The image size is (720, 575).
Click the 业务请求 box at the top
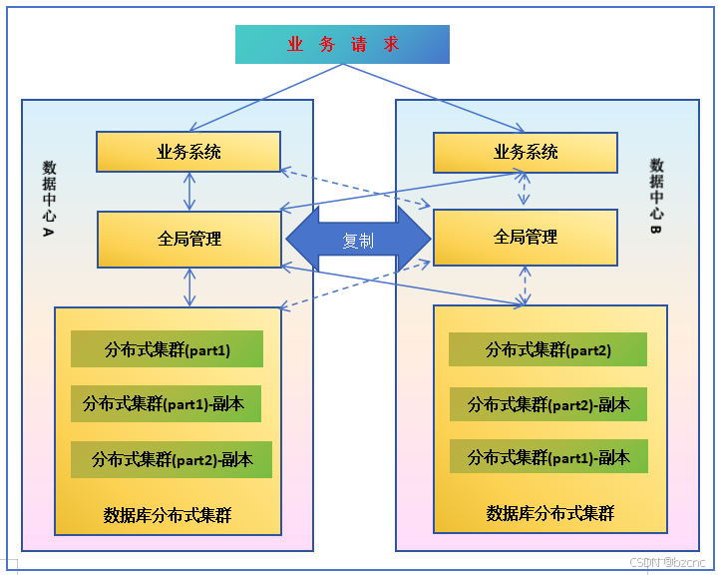coord(342,45)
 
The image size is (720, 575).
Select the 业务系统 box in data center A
coord(188,152)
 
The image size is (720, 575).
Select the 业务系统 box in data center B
coord(526,152)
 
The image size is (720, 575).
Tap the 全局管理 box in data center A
coord(188,240)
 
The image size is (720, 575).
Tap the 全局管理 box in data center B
coord(526,238)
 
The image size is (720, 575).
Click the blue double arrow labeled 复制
coord(358,241)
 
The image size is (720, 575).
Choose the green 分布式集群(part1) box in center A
coord(167,349)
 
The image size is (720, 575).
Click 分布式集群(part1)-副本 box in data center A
coord(166,404)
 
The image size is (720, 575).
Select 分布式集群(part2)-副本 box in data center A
coord(172,459)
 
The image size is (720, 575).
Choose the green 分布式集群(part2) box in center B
coord(547,349)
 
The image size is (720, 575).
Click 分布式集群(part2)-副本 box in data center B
coord(547,404)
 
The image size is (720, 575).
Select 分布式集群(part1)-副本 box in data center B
coord(547,457)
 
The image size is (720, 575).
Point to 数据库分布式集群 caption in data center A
coord(168,515)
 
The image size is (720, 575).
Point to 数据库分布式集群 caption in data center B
coord(550,513)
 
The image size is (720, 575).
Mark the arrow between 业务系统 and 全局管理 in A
coord(188,191)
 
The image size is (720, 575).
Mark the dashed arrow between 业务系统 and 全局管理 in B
coord(526,191)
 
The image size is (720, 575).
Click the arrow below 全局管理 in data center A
coord(188,287)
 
